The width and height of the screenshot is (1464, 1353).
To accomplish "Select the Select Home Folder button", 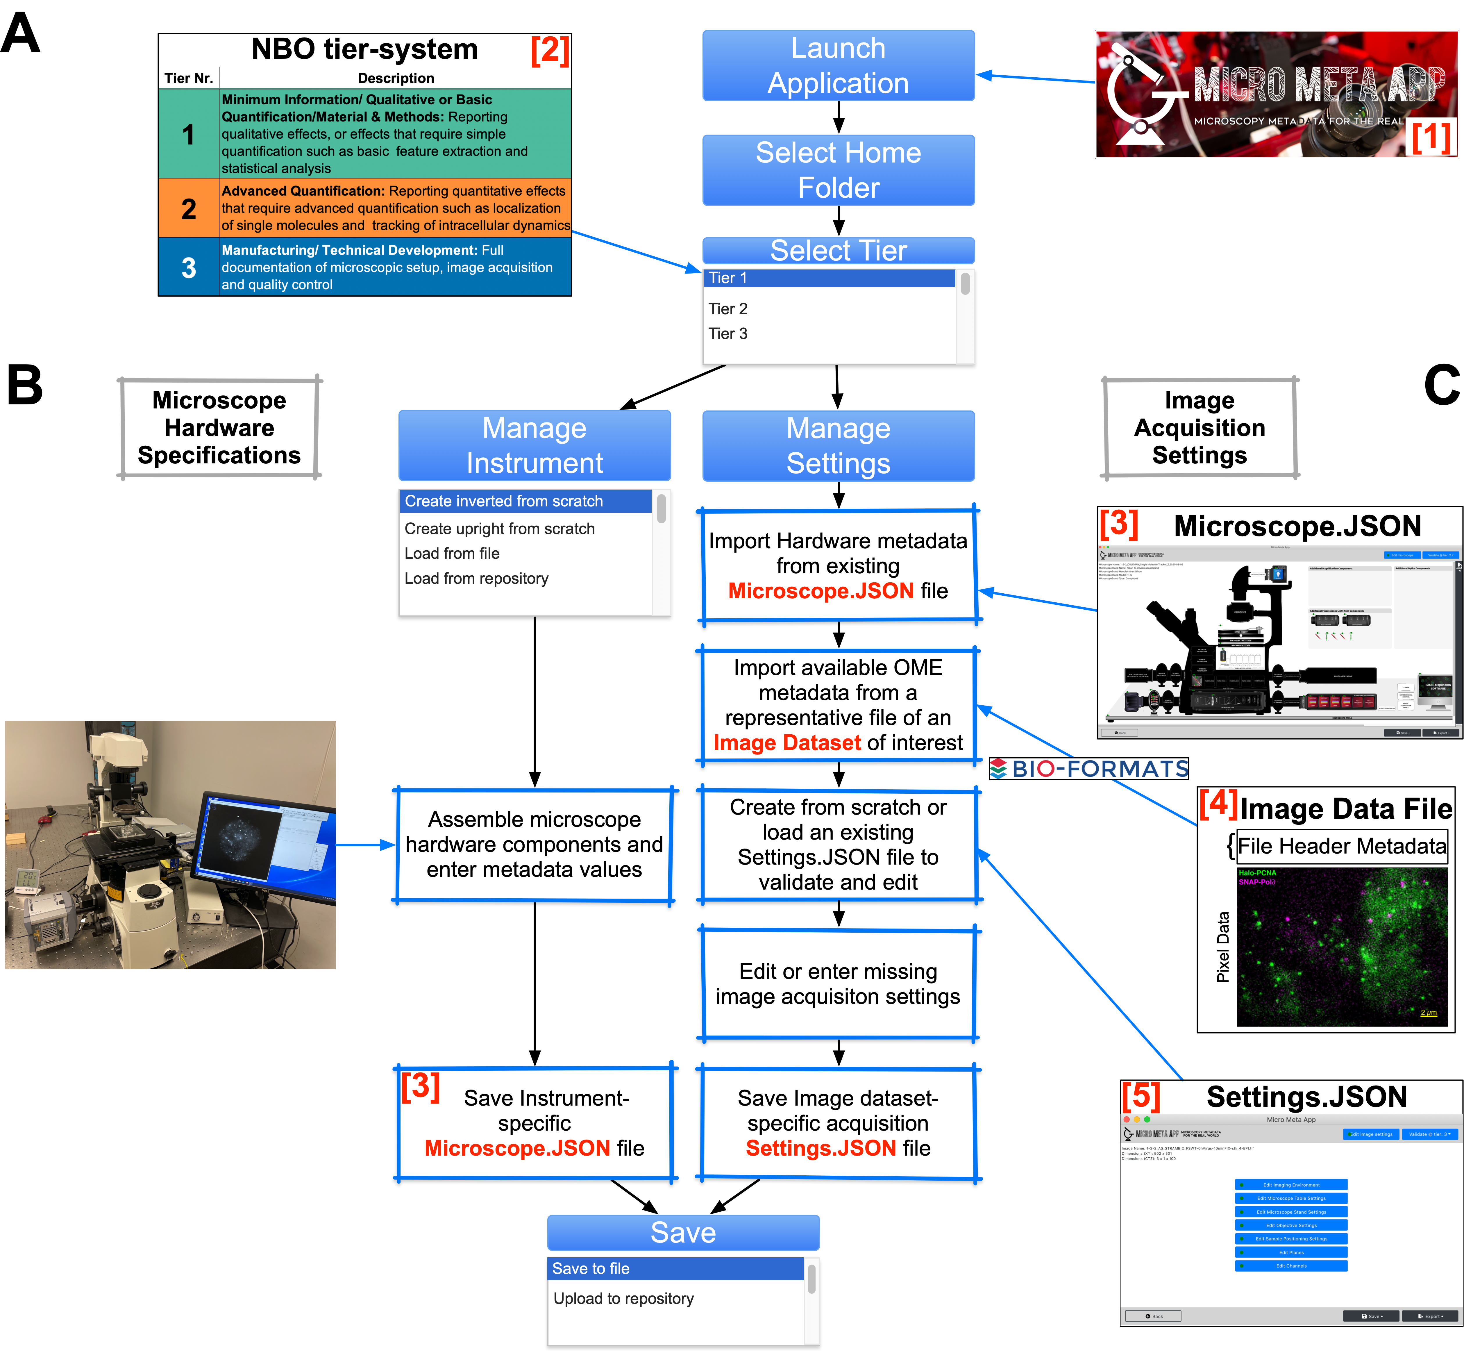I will (x=838, y=170).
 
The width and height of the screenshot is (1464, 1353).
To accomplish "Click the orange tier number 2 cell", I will (x=189, y=209).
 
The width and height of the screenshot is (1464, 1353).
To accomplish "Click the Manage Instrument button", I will (x=535, y=445).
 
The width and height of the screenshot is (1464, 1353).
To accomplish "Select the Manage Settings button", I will (x=838, y=445).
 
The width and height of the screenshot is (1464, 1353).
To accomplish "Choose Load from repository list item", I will (x=477, y=579).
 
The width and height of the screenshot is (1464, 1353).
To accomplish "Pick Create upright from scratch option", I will (x=499, y=529).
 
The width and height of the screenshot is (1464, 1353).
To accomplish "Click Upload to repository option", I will (x=623, y=1298).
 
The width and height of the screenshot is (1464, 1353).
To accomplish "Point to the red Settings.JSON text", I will (x=821, y=1148).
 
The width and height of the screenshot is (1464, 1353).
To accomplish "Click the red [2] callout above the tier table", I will (x=550, y=50).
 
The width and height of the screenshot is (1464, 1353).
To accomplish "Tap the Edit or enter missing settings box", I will (x=838, y=984).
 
